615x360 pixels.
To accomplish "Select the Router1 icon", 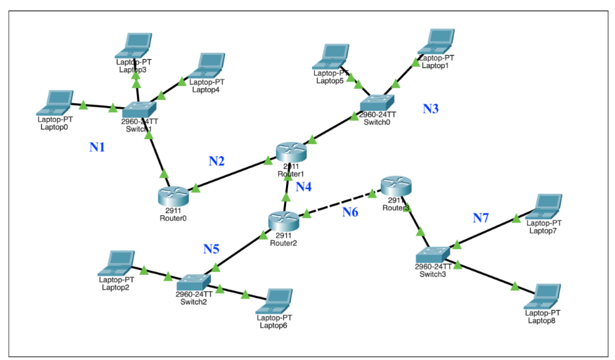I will pos(291,151).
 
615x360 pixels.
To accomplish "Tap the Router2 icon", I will pos(283,220).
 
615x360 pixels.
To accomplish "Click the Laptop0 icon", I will pos(56,103).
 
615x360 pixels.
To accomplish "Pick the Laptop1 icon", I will pos(438,41).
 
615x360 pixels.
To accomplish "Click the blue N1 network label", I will pos(97,147).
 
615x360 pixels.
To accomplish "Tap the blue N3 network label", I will pos(430,108).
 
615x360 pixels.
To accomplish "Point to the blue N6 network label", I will pos(351,212).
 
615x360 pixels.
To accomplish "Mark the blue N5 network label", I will pos(212,248).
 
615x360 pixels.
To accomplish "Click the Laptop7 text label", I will pos(543,230).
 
